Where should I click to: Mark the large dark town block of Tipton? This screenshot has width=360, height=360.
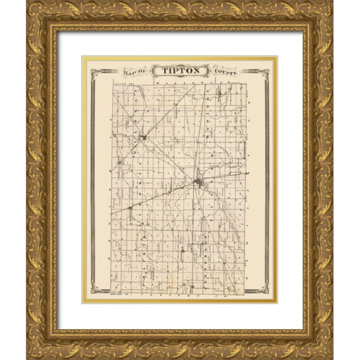click(199, 182)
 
